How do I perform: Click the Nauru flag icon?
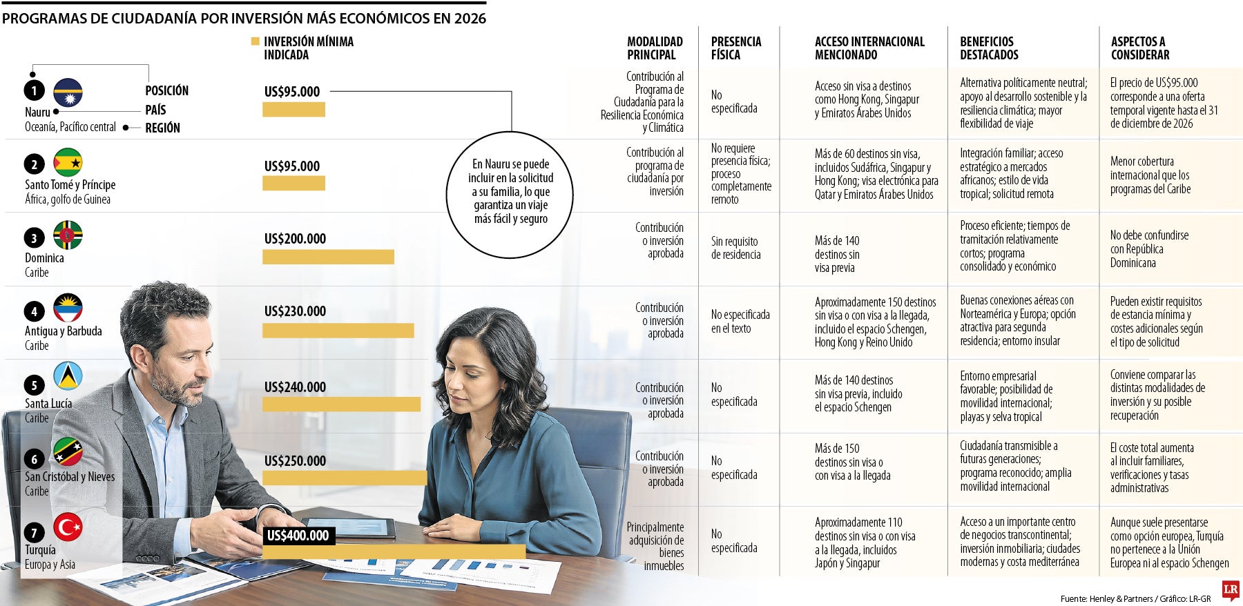coord(68,93)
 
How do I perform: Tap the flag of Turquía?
coord(68,527)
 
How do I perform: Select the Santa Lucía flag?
coord(68,376)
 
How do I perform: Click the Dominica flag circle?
coord(68,235)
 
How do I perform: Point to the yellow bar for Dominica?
coord(328,257)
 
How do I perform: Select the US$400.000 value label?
coord(298,536)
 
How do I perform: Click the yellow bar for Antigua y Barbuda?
coord(338,331)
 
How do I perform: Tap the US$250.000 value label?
coord(295,460)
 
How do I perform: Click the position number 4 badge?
coord(35,311)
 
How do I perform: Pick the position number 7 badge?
coord(35,532)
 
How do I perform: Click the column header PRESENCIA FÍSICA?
coord(736,48)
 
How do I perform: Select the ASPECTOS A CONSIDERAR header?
coord(1140,48)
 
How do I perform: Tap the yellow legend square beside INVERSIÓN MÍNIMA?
coord(256,41)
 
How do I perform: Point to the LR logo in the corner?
coord(1231,590)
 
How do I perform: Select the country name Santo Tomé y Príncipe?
coord(70,184)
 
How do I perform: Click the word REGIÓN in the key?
coord(162,128)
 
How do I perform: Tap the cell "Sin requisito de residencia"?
coord(736,248)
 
